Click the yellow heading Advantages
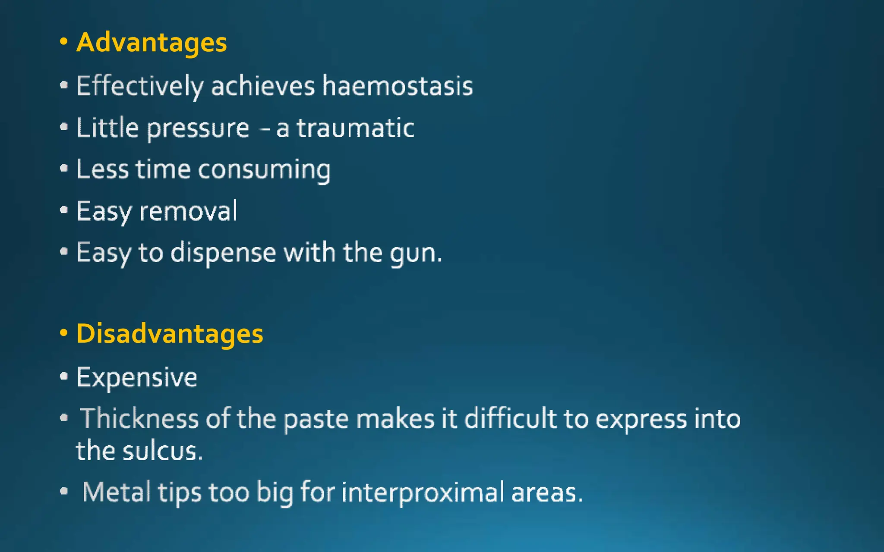click(x=152, y=43)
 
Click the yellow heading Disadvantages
click(x=170, y=334)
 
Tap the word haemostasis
click(x=398, y=86)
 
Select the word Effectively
click(x=140, y=86)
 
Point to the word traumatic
click(x=355, y=128)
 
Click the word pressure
click(x=198, y=129)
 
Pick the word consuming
click(x=264, y=169)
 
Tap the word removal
click(x=188, y=211)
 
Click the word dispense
click(x=223, y=253)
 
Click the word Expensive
click(x=137, y=378)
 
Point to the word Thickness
click(x=139, y=418)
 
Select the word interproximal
click(x=423, y=492)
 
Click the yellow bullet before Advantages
click(x=64, y=42)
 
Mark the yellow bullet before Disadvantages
click(x=64, y=333)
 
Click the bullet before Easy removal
click(x=64, y=210)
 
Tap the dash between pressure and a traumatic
click(x=266, y=129)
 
